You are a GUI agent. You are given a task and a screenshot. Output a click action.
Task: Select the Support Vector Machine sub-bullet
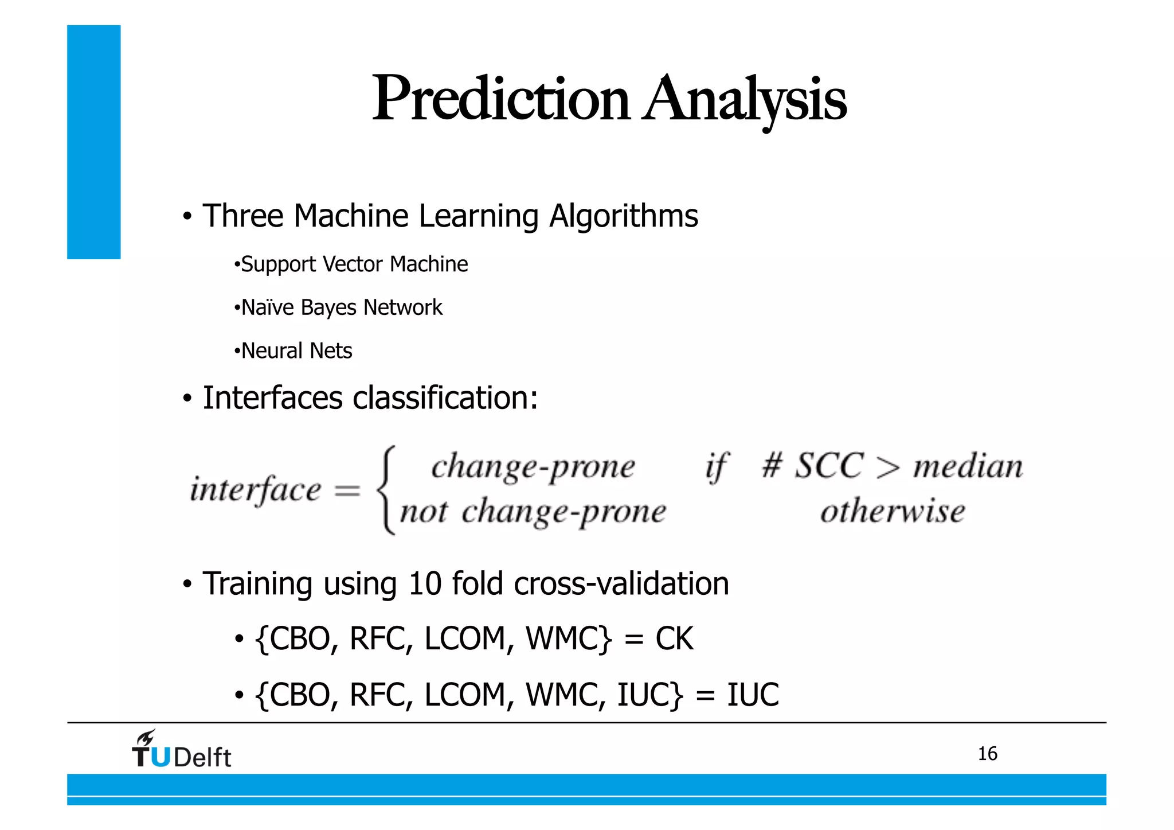[x=354, y=264]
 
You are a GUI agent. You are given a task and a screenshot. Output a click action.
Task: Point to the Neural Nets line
[x=296, y=350]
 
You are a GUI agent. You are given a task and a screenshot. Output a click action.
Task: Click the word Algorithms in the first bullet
[x=623, y=216]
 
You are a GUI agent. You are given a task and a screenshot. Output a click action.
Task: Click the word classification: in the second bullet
[x=445, y=398]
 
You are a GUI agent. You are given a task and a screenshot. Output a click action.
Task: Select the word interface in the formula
[x=255, y=490]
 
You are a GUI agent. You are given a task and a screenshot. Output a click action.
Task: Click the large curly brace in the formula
[x=386, y=490]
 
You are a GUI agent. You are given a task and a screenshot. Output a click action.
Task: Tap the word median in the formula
[x=968, y=466]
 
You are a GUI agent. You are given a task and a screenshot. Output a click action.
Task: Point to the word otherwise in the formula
[x=892, y=511]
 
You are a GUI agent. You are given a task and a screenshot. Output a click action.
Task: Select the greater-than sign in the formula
[x=887, y=467]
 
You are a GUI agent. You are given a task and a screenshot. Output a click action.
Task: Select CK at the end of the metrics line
[x=674, y=638]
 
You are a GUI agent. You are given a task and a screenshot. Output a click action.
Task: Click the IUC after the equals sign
[x=753, y=695]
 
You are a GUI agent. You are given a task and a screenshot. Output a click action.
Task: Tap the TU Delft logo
[x=181, y=750]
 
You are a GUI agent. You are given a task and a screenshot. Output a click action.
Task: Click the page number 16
[x=987, y=753]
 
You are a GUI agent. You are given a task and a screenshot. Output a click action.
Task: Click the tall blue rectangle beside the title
[x=93, y=142]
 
